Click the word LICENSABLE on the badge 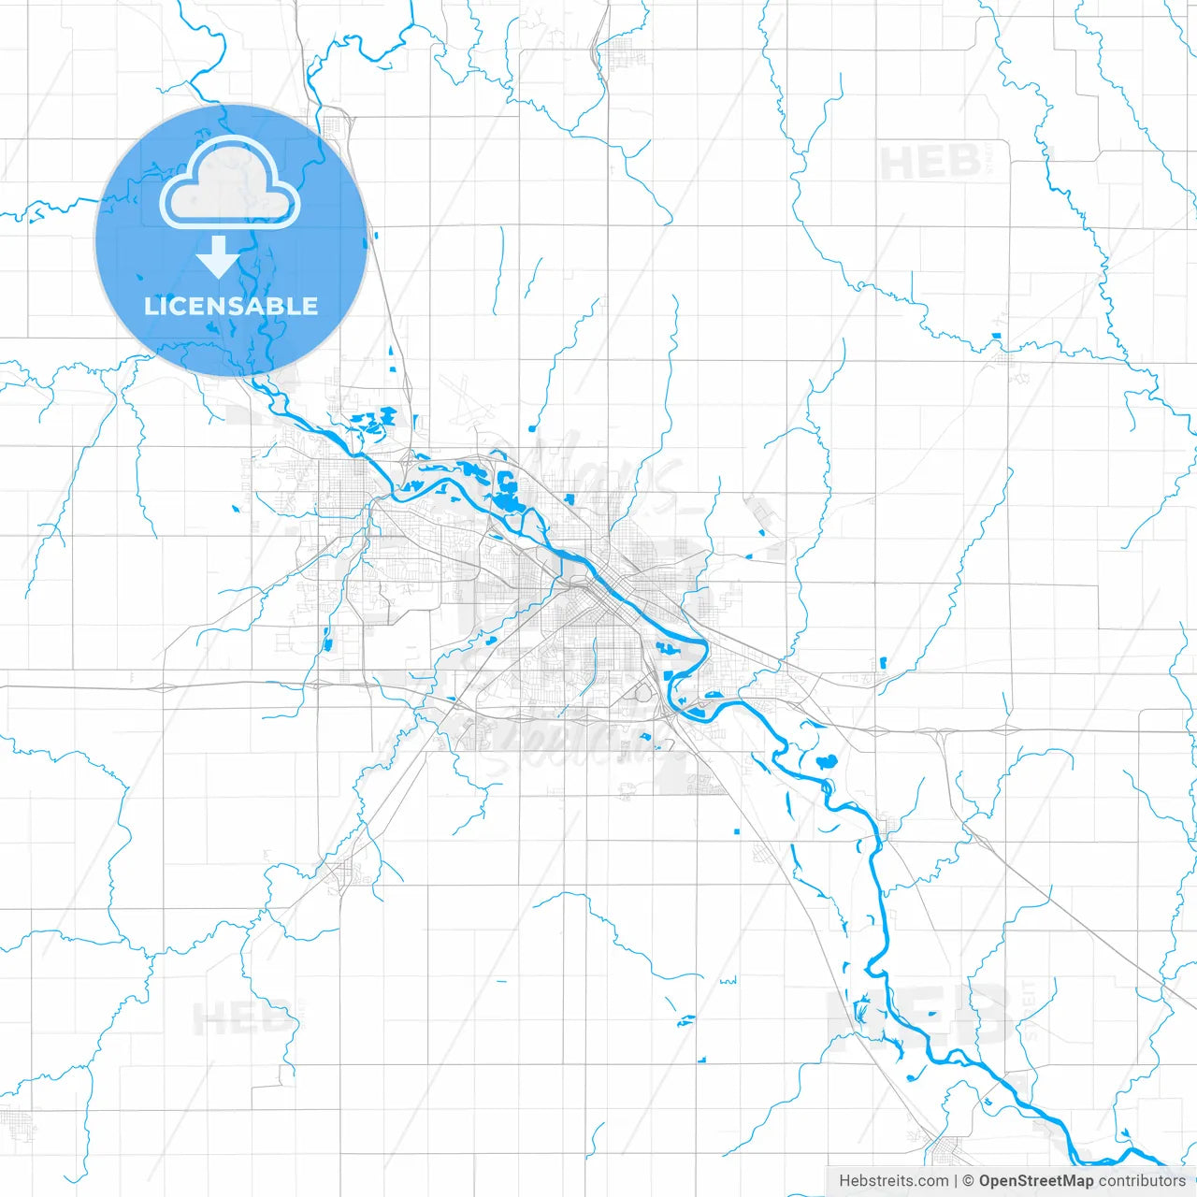231,306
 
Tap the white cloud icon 230,183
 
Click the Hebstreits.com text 893,1181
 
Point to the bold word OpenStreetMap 1036,1181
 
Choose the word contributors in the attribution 1142,1181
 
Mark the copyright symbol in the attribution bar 969,1181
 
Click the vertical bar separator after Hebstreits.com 956,1181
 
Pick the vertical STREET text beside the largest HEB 1029,1010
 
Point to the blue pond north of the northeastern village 997,336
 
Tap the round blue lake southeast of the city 826,761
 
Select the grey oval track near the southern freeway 644,692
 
